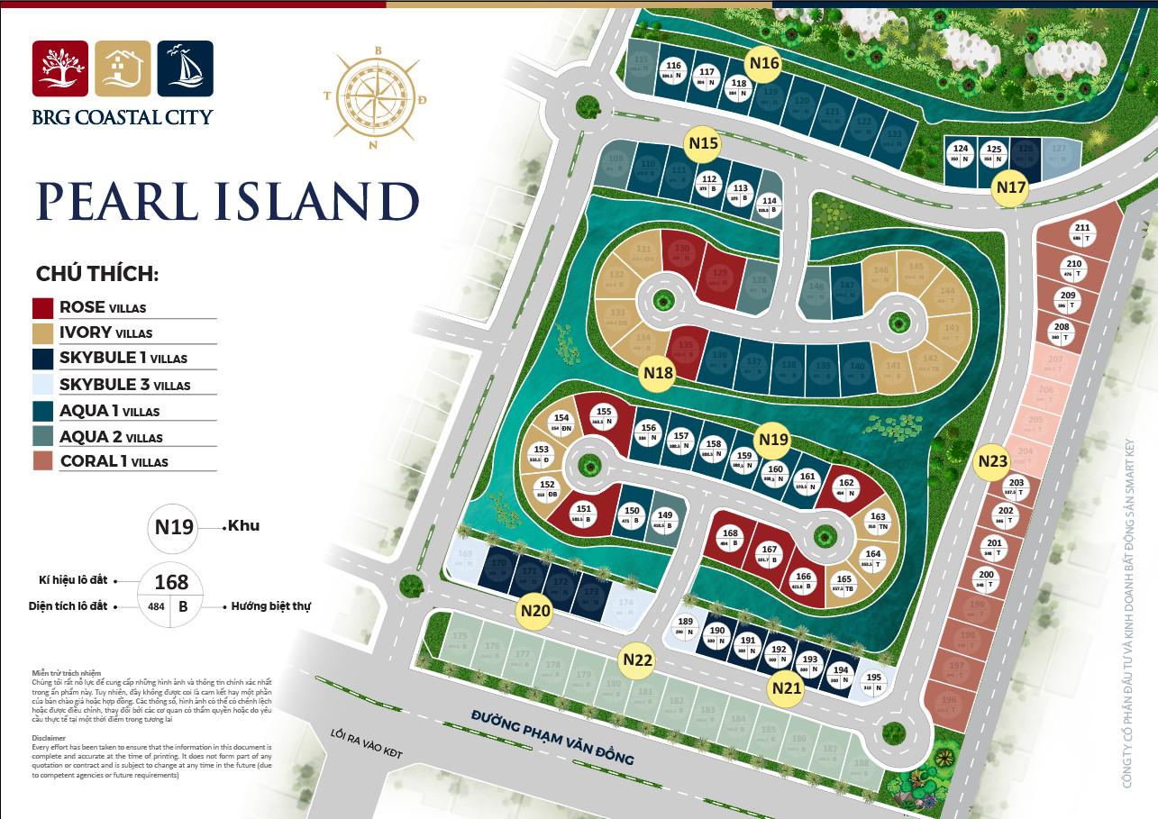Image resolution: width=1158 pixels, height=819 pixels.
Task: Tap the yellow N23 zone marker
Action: click(x=992, y=461)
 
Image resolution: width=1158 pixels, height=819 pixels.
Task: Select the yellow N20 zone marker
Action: click(x=535, y=612)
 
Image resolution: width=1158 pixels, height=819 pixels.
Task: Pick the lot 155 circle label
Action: click(x=604, y=416)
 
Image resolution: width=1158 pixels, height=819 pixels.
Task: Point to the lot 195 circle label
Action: click(x=873, y=682)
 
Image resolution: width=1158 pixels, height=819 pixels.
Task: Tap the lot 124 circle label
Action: click(x=962, y=153)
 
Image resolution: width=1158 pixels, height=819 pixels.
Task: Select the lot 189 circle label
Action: click(x=686, y=626)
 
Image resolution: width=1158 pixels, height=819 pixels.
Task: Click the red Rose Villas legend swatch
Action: click(x=42, y=307)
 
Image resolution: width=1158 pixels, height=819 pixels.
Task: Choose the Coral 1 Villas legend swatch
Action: click(x=42, y=461)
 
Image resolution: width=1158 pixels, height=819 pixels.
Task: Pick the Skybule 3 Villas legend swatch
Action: click(x=42, y=385)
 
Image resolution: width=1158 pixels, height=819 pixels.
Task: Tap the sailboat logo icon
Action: click(x=185, y=68)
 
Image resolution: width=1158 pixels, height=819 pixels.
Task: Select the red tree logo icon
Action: click(x=60, y=68)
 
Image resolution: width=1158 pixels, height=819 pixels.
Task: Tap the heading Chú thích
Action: click(x=97, y=274)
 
